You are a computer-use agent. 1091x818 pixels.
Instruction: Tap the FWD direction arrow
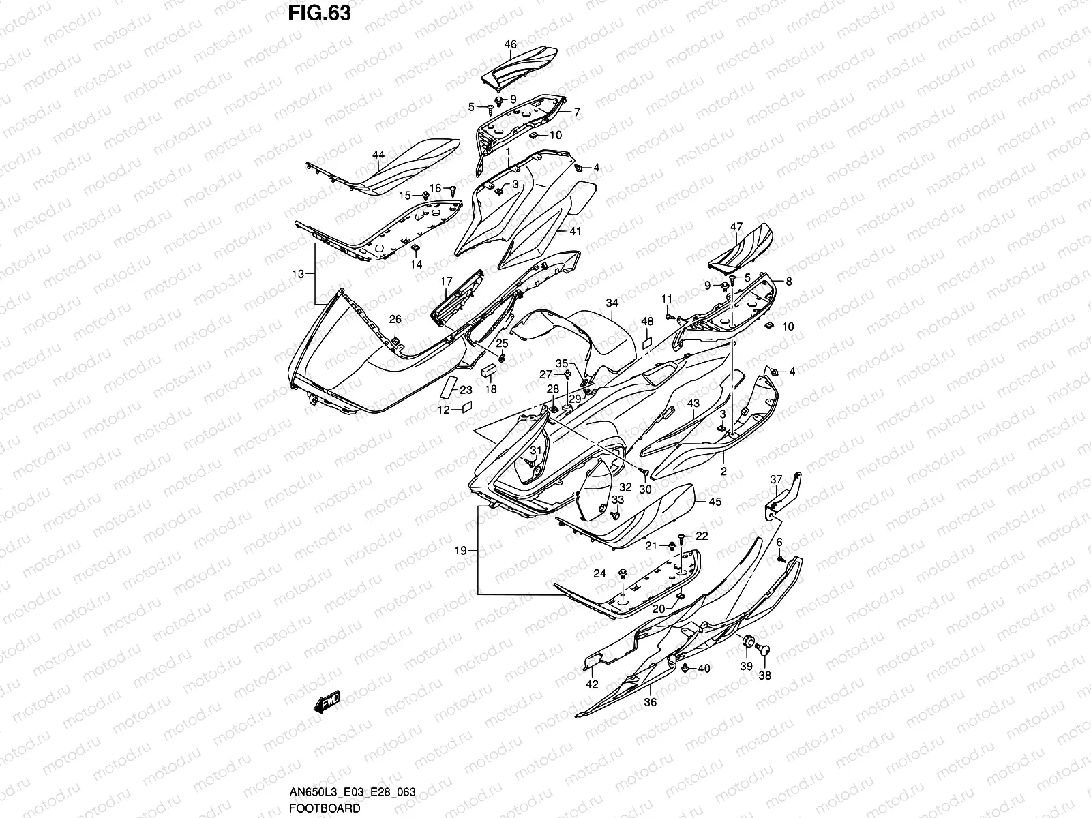(x=327, y=703)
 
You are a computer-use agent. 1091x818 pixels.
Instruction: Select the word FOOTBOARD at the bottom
(x=325, y=808)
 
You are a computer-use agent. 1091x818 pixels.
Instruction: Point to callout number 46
(x=510, y=45)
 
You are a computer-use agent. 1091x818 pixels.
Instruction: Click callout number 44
(x=378, y=155)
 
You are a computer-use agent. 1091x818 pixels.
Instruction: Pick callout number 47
(x=736, y=226)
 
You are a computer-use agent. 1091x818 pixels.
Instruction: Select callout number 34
(x=612, y=303)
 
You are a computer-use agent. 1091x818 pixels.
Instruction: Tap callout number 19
(x=462, y=551)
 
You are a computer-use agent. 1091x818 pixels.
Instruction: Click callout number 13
(x=298, y=274)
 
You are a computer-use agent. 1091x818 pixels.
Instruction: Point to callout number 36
(x=650, y=702)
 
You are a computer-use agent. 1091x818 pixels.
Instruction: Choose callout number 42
(x=592, y=684)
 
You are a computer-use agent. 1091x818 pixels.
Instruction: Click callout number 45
(x=715, y=502)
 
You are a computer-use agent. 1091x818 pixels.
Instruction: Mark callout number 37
(x=776, y=479)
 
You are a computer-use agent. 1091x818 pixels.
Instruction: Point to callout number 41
(x=575, y=232)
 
